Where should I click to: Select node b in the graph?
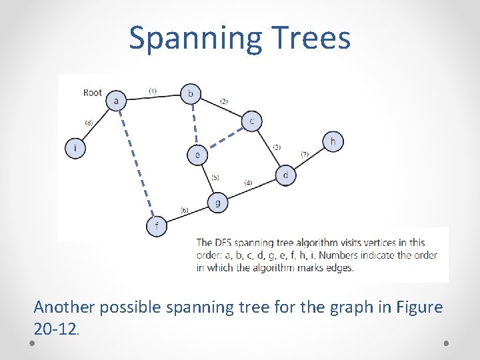pyautogui.click(x=191, y=93)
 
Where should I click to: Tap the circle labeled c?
pyautogui.click(x=251, y=121)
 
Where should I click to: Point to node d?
pyautogui.click(x=285, y=176)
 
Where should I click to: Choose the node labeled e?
pyautogui.click(x=197, y=155)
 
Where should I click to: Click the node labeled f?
pyautogui.click(x=156, y=226)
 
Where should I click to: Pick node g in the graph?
pyautogui.click(x=217, y=203)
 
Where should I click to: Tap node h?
pyautogui.click(x=333, y=141)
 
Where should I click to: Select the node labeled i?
pyautogui.click(x=75, y=148)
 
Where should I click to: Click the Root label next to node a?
pyautogui.click(x=93, y=93)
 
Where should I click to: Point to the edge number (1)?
pyautogui.click(x=153, y=91)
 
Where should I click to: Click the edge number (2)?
pyautogui.click(x=223, y=101)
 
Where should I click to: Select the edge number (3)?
pyautogui.click(x=276, y=147)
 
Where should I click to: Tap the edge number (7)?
pyautogui.click(x=304, y=154)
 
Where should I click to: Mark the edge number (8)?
pyautogui.click(x=89, y=123)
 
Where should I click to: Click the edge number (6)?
pyautogui.click(x=184, y=210)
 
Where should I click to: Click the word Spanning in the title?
pyautogui.click(x=193, y=38)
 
